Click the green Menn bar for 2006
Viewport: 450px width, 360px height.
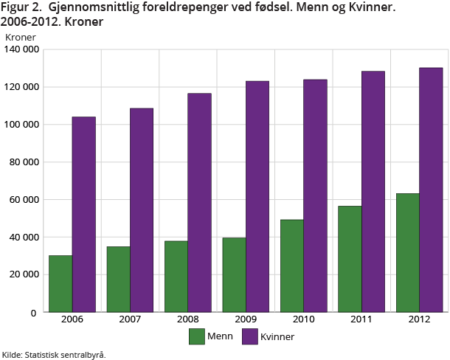[60, 284]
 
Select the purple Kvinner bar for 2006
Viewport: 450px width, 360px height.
[83, 214]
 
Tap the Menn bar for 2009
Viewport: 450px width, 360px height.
[234, 274]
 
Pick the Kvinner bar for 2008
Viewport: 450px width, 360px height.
[199, 203]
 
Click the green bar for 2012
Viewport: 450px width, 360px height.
[407, 252]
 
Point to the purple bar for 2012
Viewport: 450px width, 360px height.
[431, 190]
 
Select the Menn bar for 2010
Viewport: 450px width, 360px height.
[291, 266]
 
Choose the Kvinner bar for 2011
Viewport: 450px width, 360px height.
[373, 192]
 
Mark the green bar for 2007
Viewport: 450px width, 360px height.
[118, 279]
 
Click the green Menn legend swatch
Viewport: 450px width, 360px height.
[197, 337]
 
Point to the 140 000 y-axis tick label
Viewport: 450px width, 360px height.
[21, 49]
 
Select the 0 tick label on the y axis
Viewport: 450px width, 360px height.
[34, 312]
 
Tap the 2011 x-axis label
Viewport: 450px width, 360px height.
[361, 320]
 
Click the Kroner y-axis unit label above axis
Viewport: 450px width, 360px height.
[20, 36]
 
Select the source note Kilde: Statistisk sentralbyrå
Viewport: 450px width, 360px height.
[54, 355]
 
